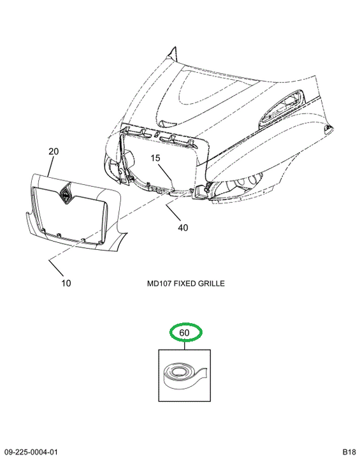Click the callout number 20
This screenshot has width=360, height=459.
(54, 151)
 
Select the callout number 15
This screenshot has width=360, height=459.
(155, 158)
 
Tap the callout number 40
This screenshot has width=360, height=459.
(183, 228)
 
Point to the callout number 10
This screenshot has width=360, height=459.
(66, 283)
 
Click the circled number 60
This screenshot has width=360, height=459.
(184, 333)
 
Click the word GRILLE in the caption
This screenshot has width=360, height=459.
(211, 283)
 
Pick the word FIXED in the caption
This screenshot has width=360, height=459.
(184, 283)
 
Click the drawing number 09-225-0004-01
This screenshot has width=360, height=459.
(31, 452)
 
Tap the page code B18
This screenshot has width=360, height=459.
(349, 452)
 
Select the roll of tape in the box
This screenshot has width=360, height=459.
(184, 376)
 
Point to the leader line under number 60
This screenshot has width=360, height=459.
(185, 345)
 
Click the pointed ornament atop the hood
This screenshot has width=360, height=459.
(173, 54)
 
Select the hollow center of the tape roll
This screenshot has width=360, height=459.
(178, 372)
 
